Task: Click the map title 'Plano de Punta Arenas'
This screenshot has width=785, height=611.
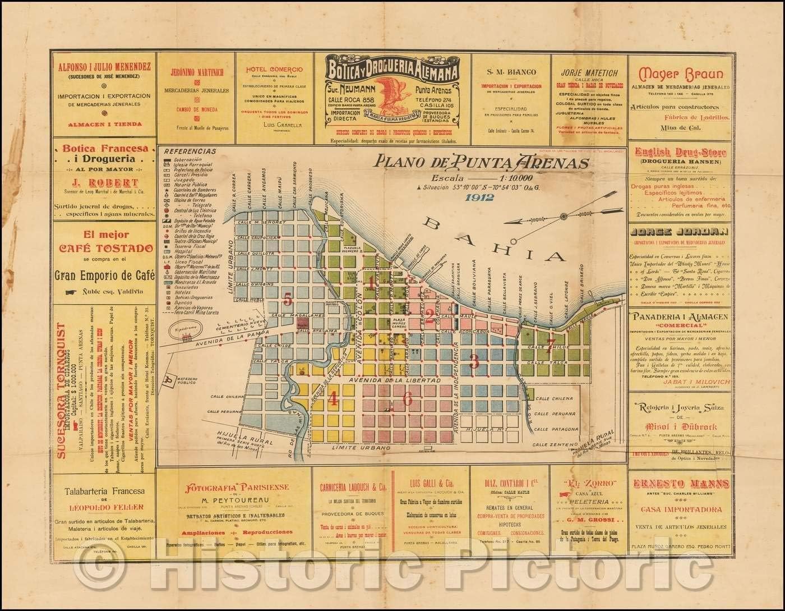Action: pos(483,163)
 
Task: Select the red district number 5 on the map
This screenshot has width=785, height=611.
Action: pos(288,300)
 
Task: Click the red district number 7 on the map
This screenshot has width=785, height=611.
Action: pos(551,343)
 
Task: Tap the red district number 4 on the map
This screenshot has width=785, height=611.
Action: pos(333,399)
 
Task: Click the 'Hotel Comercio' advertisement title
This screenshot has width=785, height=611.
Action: pos(274,69)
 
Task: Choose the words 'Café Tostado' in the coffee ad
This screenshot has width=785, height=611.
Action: pos(103,248)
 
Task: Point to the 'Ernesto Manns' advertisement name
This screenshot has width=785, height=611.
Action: pos(681,484)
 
